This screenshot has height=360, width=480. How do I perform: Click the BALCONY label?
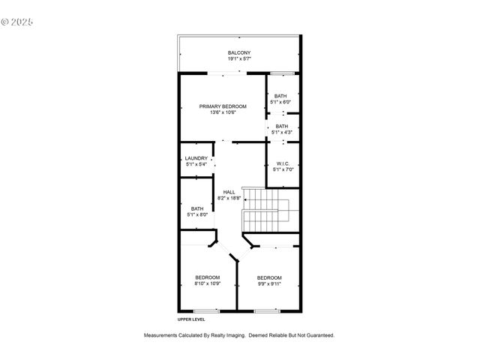[239, 52]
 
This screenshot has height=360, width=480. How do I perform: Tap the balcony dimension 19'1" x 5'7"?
[239, 58]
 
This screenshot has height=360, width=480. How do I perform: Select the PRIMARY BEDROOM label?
[223, 106]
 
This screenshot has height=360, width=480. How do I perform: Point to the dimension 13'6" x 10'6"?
[223, 112]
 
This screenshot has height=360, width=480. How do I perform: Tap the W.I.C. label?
[283, 163]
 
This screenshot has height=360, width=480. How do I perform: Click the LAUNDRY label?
[196, 158]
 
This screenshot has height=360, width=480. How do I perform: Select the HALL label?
[229, 192]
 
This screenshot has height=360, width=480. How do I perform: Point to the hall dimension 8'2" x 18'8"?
[229, 198]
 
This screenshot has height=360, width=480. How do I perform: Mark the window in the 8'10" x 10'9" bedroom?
[206, 310]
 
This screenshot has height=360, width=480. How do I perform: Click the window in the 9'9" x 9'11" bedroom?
[266, 310]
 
